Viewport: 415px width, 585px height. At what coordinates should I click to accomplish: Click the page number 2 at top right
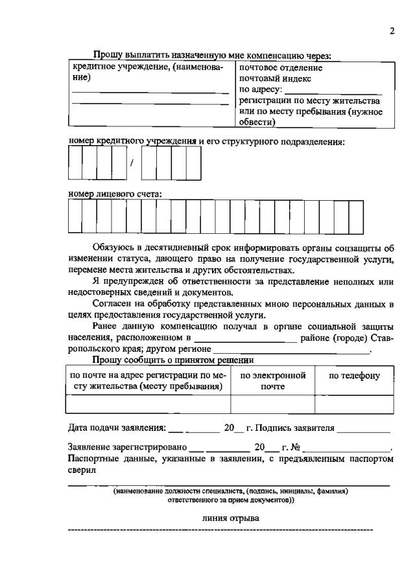[x=392, y=32]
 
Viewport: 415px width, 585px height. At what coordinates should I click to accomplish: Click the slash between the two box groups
[x=132, y=163]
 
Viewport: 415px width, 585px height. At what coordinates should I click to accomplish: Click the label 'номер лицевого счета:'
[x=115, y=193]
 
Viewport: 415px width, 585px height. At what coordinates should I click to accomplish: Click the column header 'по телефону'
[x=354, y=376]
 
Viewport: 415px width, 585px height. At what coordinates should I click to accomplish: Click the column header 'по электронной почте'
[x=272, y=380]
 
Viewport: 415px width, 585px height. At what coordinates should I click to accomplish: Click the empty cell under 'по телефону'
[x=354, y=404]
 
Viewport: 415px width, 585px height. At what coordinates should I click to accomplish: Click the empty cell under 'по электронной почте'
[x=272, y=404]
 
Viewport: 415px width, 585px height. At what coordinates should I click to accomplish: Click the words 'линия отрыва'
[x=230, y=518]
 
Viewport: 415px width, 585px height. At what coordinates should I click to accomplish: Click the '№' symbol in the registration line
[x=296, y=448]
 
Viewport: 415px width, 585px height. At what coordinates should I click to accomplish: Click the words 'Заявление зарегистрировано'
[x=127, y=448]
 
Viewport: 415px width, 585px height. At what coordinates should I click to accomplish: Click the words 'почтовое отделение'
[x=281, y=67]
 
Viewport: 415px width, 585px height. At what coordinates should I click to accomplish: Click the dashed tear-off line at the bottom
[x=220, y=531]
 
